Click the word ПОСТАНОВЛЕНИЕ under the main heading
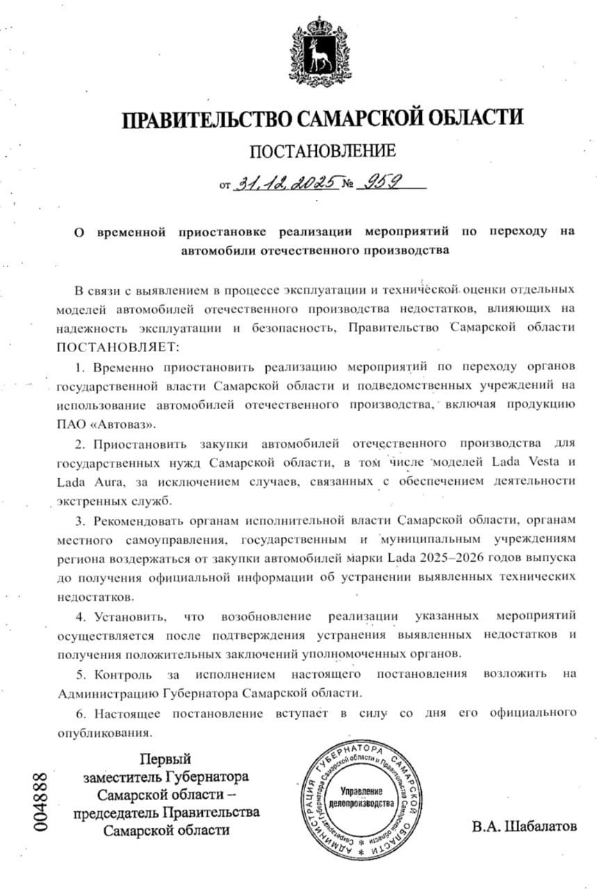[322, 151]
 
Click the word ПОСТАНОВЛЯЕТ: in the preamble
[119, 345]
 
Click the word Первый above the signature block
[166, 758]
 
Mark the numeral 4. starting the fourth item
[80, 615]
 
